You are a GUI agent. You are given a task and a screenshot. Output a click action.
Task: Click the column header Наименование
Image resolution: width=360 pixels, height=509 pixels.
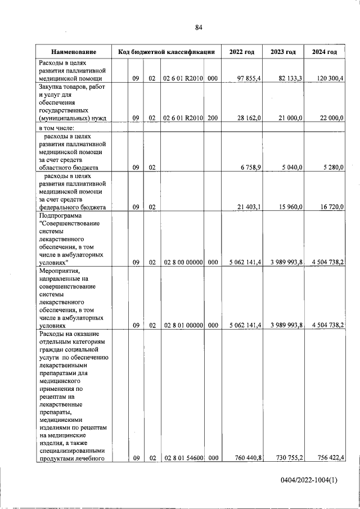click(73, 52)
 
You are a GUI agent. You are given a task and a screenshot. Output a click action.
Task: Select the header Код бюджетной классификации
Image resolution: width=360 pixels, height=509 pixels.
click(166, 52)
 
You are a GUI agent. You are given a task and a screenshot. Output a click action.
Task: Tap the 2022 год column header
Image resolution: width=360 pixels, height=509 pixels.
click(242, 52)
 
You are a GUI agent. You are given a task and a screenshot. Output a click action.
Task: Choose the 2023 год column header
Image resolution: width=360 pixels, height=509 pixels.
click(283, 52)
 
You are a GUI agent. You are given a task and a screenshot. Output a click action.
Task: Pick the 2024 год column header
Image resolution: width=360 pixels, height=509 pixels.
click(325, 52)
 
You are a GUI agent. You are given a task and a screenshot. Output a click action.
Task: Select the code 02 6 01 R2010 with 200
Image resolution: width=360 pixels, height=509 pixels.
click(183, 118)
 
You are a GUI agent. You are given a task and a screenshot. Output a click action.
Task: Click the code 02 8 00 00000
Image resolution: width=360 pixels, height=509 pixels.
click(183, 262)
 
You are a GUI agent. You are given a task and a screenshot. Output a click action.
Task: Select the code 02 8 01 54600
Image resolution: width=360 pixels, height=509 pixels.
click(183, 458)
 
